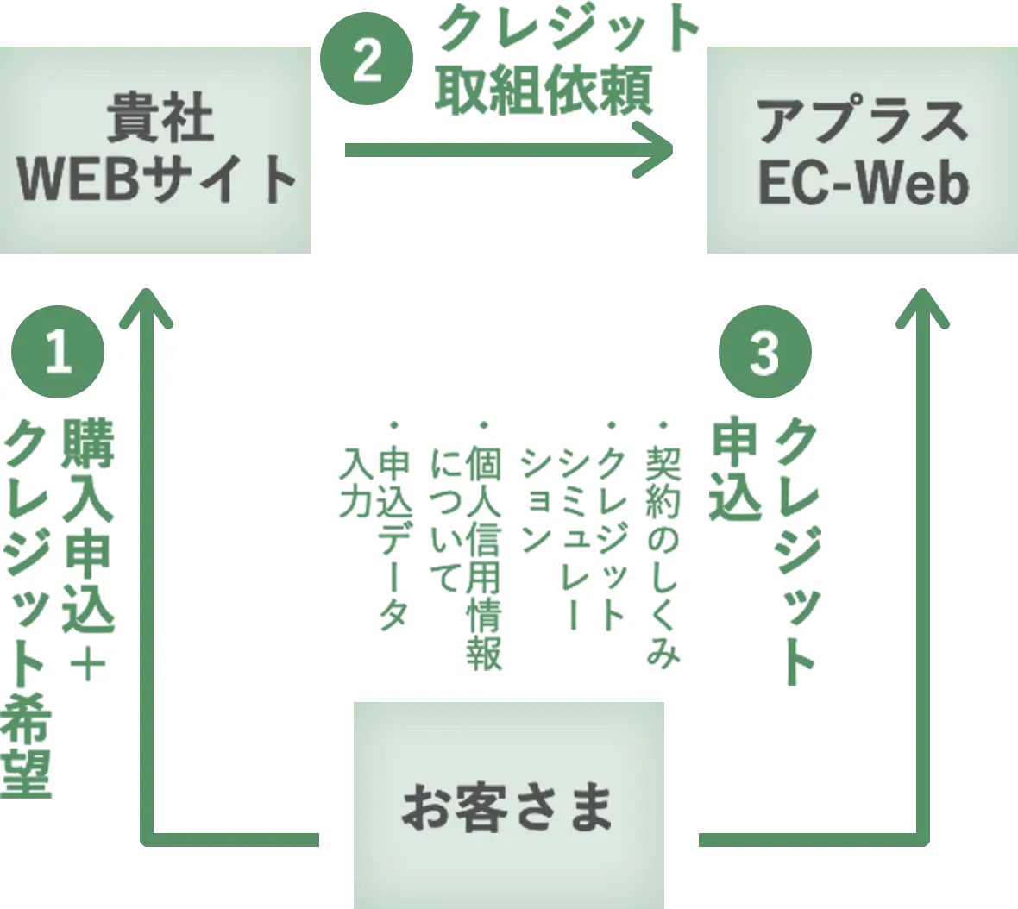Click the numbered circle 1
coord(58,352)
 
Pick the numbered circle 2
coord(367,62)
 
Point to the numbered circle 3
coord(764,352)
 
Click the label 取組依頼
coord(544,91)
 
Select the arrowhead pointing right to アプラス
coord(656,150)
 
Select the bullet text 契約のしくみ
coord(663,552)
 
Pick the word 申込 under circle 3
coord(734,470)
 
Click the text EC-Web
coord(863,183)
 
